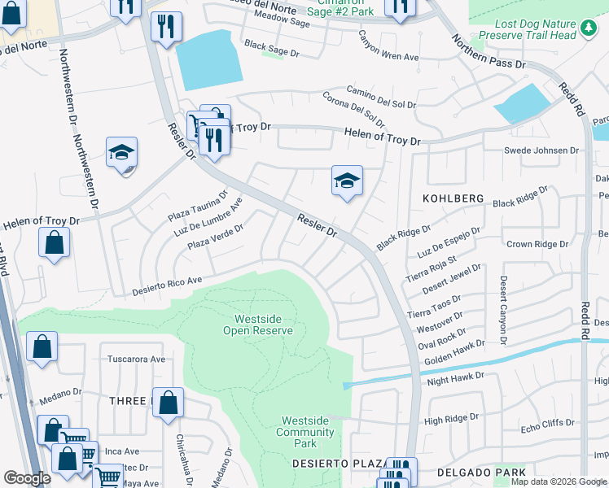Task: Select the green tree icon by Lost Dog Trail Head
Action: (589, 30)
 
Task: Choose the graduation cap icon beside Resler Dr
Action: (347, 181)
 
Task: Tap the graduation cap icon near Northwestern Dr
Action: (121, 153)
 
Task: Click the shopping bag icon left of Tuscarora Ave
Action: (42, 346)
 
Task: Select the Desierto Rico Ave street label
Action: (166, 286)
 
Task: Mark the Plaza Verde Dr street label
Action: (215, 237)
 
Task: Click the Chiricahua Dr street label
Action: (183, 460)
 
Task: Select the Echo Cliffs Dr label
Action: (547, 423)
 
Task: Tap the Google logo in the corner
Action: (28, 478)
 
